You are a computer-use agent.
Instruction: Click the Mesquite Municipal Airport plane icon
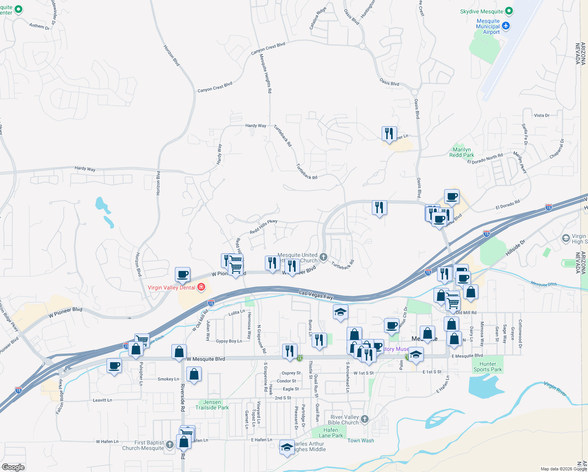click(x=506, y=26)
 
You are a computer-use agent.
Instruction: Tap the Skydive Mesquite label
click(x=481, y=11)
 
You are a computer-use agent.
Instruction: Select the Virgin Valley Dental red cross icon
click(x=201, y=287)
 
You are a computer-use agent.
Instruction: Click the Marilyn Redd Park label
click(x=462, y=152)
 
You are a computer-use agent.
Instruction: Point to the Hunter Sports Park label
click(x=487, y=367)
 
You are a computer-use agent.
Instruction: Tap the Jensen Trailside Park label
click(x=212, y=405)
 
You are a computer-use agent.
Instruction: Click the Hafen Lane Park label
click(x=331, y=433)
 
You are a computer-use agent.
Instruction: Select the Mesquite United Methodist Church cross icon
click(x=323, y=257)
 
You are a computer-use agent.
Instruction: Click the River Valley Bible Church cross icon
click(x=365, y=419)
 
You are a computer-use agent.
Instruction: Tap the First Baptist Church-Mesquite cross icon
click(x=170, y=444)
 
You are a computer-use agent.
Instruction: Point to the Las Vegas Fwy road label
click(x=316, y=295)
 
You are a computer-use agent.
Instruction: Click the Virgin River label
click(x=555, y=388)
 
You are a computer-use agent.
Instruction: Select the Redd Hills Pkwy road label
click(x=263, y=227)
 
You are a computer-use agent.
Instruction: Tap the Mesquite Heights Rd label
click(x=266, y=73)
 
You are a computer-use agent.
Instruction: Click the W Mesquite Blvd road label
click(x=206, y=359)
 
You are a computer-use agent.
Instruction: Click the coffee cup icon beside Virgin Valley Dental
click(x=182, y=275)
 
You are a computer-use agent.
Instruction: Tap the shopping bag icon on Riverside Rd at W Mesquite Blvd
click(x=179, y=352)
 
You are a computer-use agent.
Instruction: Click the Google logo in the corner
click(x=13, y=467)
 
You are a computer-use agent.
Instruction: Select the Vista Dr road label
click(x=542, y=115)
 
